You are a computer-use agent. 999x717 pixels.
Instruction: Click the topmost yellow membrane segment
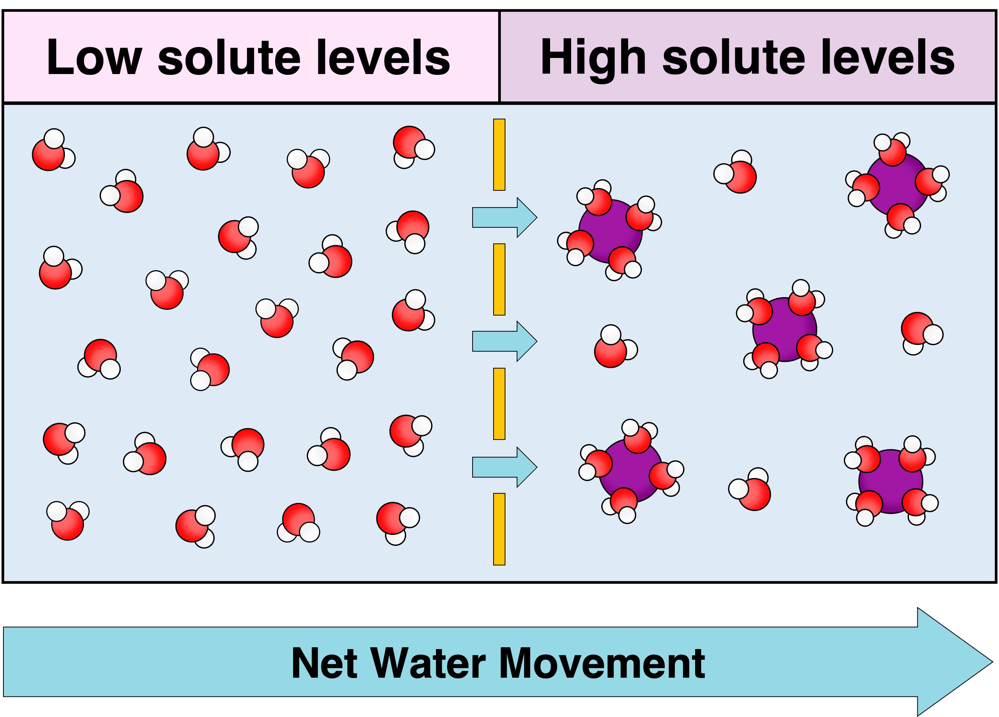point(499,155)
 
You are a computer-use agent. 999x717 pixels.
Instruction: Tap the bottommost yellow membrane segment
point(499,529)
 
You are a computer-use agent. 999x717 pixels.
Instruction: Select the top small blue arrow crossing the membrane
point(504,217)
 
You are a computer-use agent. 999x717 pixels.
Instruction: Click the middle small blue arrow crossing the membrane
point(504,341)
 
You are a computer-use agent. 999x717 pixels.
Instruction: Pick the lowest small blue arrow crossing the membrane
point(504,467)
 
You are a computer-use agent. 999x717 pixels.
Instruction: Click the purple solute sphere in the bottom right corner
point(891,482)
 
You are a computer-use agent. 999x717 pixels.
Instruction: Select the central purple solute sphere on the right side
point(784,330)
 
